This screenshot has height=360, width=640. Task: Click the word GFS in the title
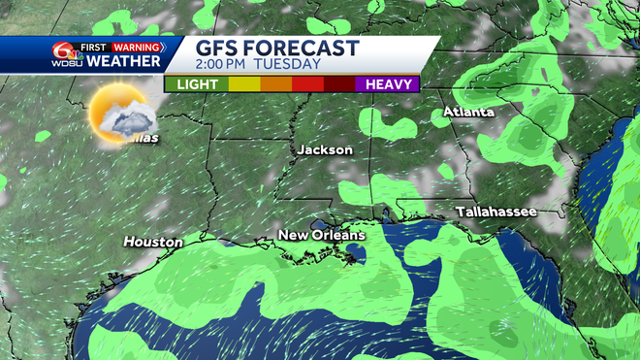pos(218,49)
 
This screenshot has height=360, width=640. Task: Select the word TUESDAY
pos(288,65)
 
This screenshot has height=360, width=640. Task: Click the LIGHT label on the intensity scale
pos(198,84)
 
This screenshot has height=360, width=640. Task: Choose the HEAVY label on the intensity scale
pos(386,84)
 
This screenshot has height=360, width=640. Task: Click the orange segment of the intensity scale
pos(276,84)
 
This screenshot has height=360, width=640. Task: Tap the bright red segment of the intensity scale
pos(308,84)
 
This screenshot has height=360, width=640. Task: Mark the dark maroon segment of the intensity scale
pos(339,84)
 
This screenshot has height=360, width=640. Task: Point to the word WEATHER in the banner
pos(123,62)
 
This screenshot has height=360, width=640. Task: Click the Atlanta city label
pos(469,113)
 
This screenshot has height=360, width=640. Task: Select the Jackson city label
pos(324,150)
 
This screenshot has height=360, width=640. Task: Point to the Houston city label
pos(153,242)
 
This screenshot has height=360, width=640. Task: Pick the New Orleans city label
pos(321,236)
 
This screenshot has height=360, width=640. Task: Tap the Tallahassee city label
pos(496,212)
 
